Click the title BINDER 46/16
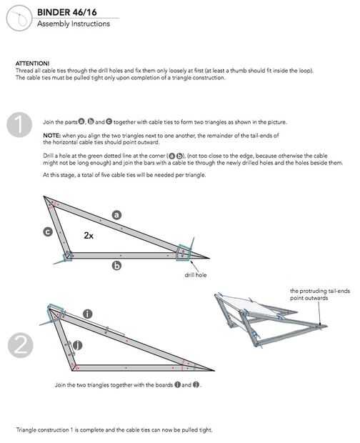click(67, 12)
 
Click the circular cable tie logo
click(19, 18)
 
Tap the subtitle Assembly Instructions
click(74, 24)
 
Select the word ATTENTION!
click(32, 64)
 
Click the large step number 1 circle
click(19, 125)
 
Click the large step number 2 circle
click(20, 345)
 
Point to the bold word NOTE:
click(51, 136)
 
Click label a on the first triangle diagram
click(116, 215)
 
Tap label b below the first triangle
click(116, 266)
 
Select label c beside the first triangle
click(48, 232)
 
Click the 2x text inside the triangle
click(89, 235)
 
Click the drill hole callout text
click(196, 275)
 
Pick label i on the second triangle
click(88, 314)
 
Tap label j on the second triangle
click(78, 345)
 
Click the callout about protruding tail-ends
click(319, 294)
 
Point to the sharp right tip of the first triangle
click(209, 258)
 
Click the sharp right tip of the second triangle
click(214, 370)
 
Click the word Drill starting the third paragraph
click(48, 156)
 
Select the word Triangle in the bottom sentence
click(26, 429)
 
